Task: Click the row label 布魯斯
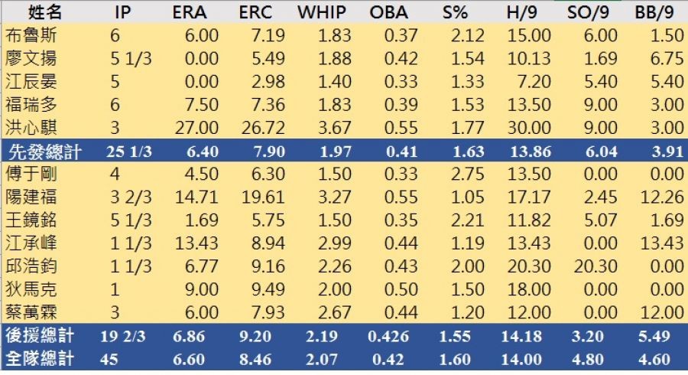30,36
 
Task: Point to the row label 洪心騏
30,128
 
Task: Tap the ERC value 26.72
264,128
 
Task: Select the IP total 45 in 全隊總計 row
109,359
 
